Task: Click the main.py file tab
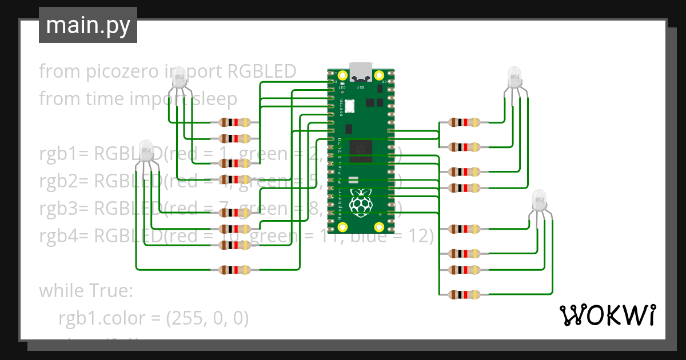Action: (x=87, y=25)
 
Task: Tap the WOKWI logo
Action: (x=607, y=315)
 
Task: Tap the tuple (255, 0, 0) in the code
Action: (x=207, y=318)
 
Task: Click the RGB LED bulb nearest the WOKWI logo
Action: (x=540, y=201)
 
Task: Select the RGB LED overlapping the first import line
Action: (x=180, y=77)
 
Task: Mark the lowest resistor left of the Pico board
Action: (x=235, y=270)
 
